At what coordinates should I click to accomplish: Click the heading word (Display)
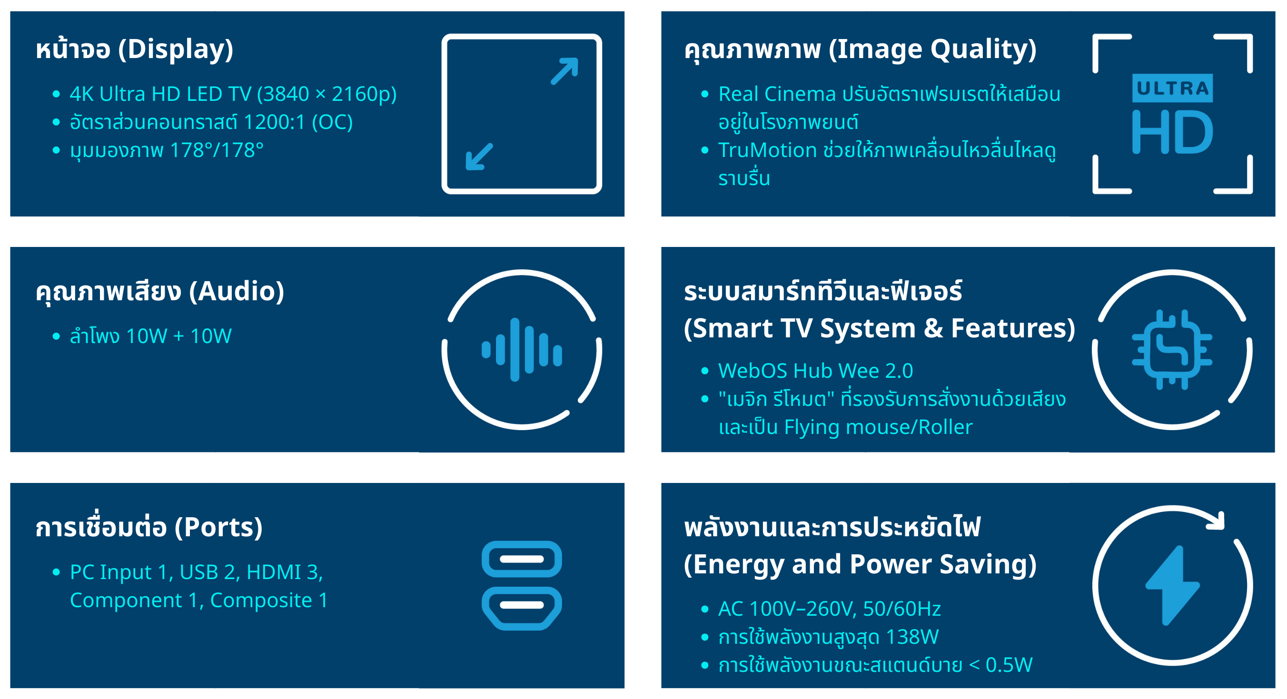tap(176, 49)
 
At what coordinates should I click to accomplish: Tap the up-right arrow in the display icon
tap(564, 71)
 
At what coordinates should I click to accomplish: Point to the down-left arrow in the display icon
tap(479, 157)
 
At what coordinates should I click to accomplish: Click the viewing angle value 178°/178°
tap(217, 150)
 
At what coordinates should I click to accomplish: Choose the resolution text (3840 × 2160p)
tap(327, 94)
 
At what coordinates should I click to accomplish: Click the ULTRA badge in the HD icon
tap(1172, 89)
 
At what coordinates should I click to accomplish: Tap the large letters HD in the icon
tap(1172, 132)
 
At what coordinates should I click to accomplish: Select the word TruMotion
tap(767, 150)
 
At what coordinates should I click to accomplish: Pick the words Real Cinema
tap(777, 94)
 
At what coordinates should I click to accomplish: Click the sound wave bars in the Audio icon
tap(522, 350)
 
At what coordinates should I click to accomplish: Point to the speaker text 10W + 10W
tap(179, 336)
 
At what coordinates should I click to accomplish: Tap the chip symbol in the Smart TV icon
tap(1172, 349)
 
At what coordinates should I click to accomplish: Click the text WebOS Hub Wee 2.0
tap(815, 371)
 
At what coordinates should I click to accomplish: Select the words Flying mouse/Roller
tap(878, 428)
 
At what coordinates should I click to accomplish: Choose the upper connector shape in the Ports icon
tap(522, 559)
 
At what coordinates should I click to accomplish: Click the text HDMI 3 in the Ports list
tap(283, 572)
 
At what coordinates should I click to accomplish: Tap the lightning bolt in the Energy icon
tap(1172, 586)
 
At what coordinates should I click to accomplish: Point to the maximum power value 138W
tap(912, 637)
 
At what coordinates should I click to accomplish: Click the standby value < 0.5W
tap(1001, 665)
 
